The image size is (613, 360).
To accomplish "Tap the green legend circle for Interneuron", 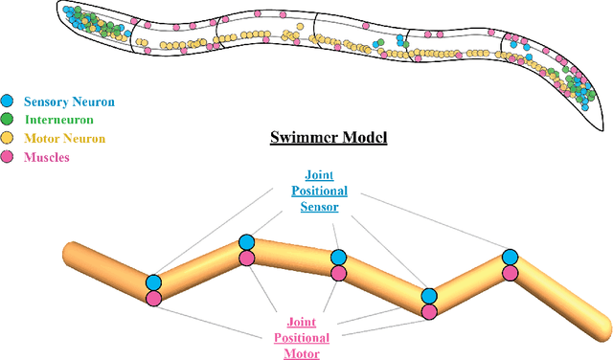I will [x=8, y=120].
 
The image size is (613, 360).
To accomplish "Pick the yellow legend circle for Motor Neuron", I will [x=8, y=138].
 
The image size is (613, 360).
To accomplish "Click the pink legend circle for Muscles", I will [x=8, y=157].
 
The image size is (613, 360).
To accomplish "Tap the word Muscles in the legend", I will [x=46, y=157].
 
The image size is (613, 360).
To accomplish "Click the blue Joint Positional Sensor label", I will [x=320, y=191].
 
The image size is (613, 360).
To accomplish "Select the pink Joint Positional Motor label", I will [x=308, y=337].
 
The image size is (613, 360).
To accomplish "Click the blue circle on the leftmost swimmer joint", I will [x=154, y=282].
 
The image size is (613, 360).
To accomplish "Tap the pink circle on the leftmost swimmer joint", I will [x=154, y=298].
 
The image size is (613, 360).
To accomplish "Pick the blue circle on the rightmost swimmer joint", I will [x=511, y=257].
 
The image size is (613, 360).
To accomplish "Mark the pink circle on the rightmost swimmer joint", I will [x=511, y=273].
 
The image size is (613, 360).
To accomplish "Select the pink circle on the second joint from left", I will [x=246, y=258].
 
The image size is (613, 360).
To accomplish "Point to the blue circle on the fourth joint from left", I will [x=429, y=296].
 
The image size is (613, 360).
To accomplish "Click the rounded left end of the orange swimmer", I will [x=69, y=257].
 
